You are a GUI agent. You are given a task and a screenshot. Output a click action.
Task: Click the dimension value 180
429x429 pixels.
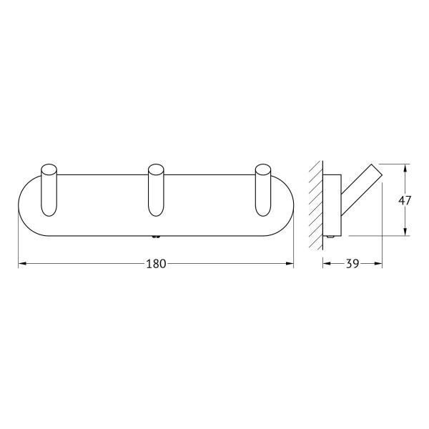tap(156, 264)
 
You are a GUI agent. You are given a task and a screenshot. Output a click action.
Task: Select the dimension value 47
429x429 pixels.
tap(405, 201)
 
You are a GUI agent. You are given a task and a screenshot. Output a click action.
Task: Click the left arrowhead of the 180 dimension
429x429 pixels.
tap(21, 264)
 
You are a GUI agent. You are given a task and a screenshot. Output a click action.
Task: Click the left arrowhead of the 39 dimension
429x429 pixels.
tap(327, 264)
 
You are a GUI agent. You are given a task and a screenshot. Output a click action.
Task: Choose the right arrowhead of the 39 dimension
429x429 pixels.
tap(379, 264)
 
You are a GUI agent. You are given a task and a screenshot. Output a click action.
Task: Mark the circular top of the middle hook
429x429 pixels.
tap(156, 171)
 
